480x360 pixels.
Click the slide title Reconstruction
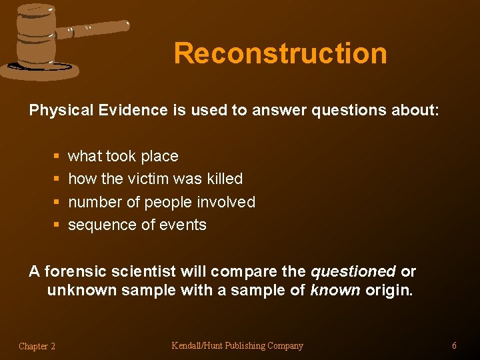tap(280, 53)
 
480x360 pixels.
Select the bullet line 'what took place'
tap(123, 156)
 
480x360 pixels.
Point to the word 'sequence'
tap(99, 225)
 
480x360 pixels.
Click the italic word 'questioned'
tap(353, 272)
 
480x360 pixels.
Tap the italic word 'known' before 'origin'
tap(335, 291)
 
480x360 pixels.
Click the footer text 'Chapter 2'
tap(37, 346)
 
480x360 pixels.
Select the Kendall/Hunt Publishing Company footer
tap(237, 345)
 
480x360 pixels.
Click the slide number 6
tap(454, 345)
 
